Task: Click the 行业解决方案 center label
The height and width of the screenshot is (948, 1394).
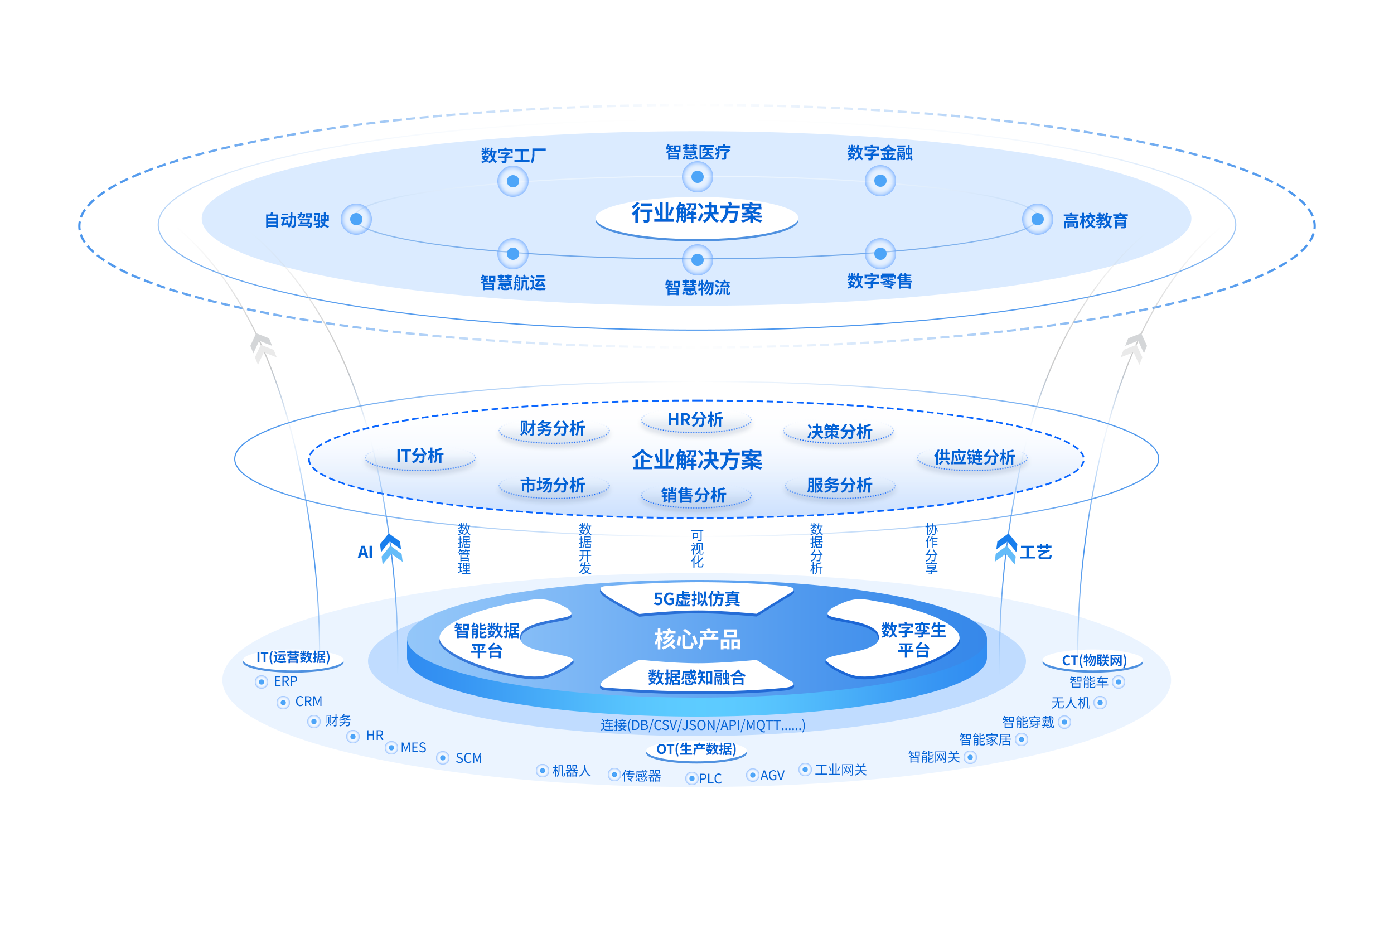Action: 696,214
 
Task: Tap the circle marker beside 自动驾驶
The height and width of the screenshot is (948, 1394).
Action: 356,219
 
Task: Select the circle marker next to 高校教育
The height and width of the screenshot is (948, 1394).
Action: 1037,220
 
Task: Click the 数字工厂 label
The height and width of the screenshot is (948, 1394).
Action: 513,156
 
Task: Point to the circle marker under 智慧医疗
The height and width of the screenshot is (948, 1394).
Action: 697,177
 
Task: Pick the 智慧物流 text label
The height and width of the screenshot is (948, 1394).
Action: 697,287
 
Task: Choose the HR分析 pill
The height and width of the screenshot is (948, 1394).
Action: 696,420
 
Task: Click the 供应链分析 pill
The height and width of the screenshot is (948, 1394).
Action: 974,458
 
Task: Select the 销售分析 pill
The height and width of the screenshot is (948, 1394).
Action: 694,496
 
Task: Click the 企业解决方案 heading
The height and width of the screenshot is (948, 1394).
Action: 696,460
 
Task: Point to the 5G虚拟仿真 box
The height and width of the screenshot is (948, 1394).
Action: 696,599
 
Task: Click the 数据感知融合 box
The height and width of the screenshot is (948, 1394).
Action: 696,678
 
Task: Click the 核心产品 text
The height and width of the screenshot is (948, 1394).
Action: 697,640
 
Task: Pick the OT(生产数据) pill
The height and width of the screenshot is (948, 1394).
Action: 696,749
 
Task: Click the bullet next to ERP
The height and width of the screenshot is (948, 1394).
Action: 262,682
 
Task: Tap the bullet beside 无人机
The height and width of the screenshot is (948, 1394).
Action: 1100,703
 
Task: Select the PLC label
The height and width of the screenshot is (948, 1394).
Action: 710,779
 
